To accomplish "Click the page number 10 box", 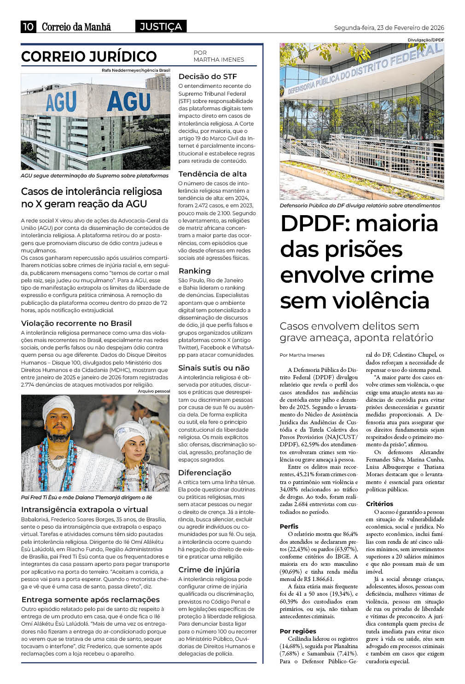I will [28, 27].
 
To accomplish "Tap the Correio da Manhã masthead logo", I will [76, 27].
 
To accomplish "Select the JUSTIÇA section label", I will [161, 27].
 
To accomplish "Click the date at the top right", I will [389, 28].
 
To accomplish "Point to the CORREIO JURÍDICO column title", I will [89, 57].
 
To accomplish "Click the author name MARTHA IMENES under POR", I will [219, 60].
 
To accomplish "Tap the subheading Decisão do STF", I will [208, 76].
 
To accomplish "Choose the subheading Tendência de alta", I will [212, 174].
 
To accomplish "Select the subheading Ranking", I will [195, 271].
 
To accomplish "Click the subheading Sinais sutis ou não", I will [214, 368].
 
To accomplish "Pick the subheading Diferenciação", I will [204, 473].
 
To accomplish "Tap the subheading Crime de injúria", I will [209, 570].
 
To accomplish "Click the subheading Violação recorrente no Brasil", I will [76, 323].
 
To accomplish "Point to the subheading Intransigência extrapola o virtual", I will [85, 509].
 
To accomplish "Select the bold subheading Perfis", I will [289, 526].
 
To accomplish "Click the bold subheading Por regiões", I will [298, 631].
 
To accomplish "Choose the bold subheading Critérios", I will [379, 504].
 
